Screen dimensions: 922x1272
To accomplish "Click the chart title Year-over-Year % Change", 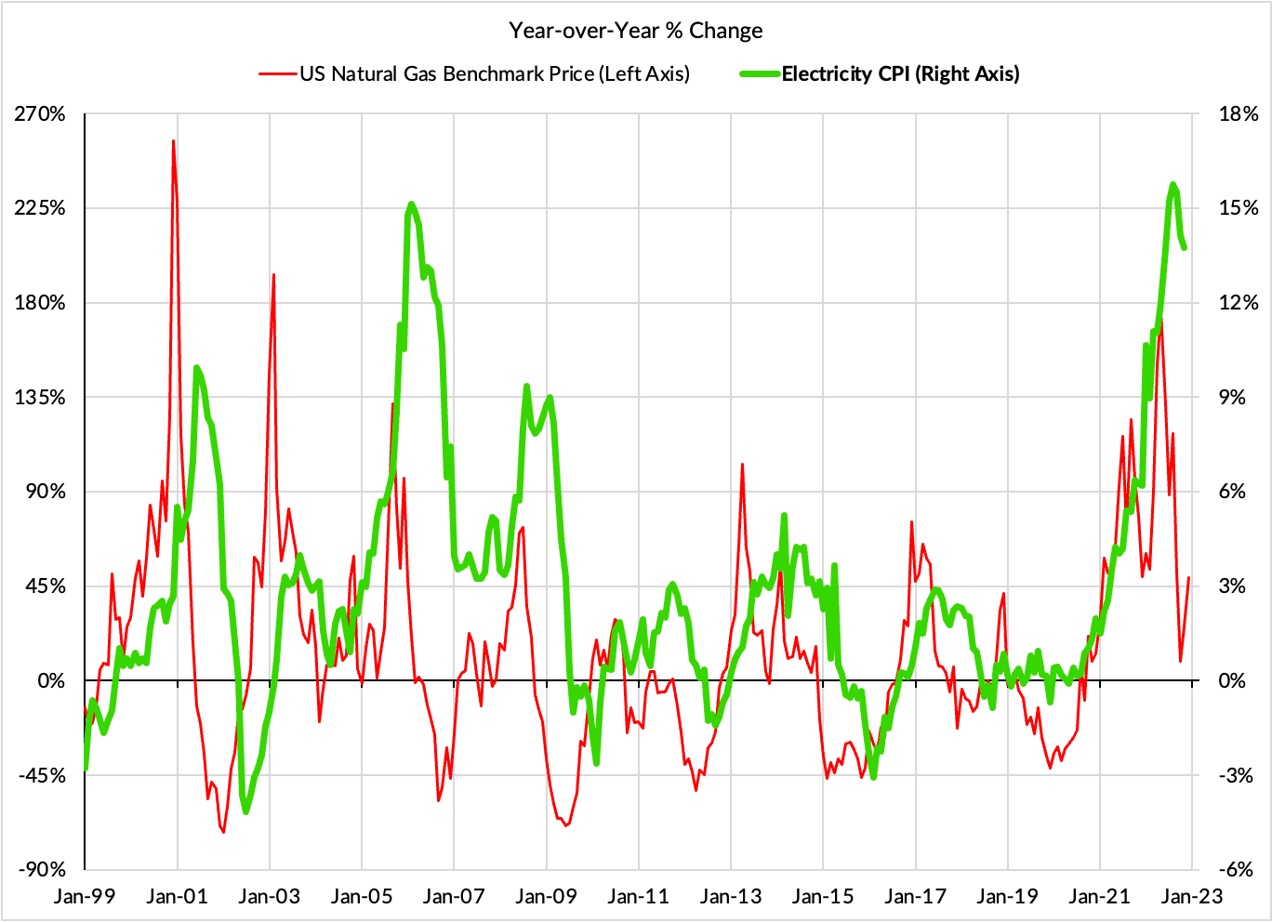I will click(635, 31).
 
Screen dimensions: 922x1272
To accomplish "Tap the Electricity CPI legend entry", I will click(899, 74).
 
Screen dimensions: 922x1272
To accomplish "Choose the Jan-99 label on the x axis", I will click(85, 896).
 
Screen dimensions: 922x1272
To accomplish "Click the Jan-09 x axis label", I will click(546, 896).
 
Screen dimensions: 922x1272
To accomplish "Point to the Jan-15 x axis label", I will click(823, 896).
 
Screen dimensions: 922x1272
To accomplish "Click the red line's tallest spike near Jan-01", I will click(173, 141).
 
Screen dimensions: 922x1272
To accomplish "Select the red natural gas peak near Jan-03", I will click(273, 275).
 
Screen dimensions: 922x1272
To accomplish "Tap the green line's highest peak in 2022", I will click(1173, 184).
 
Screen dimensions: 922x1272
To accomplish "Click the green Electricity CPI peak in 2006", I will click(412, 204).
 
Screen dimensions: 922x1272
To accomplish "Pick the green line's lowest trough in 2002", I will click(245, 811).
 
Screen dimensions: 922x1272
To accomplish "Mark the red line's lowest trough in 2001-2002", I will click(223, 831).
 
